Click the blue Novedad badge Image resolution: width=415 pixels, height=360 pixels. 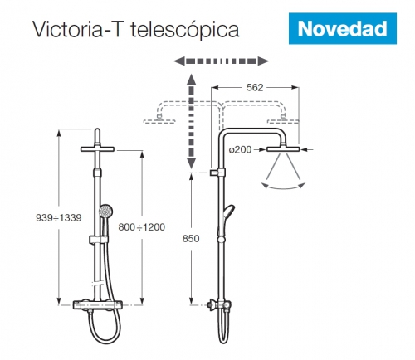(343, 28)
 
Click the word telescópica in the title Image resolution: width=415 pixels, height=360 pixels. (185, 30)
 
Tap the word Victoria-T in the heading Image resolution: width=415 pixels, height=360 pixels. (77, 29)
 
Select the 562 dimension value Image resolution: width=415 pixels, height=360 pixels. (255, 88)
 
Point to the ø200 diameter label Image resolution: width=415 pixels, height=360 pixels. (240, 149)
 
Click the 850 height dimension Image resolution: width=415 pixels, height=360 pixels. (191, 239)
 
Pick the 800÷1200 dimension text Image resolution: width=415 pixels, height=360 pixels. (142, 227)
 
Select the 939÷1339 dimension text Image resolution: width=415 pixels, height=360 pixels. (59, 217)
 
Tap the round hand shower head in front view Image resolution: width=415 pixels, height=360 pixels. (105, 212)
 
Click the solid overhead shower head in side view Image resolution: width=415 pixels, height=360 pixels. (283, 149)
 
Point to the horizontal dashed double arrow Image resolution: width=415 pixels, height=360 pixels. (221, 61)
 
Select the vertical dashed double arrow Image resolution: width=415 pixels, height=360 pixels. (191, 121)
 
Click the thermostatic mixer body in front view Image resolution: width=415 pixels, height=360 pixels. (97, 305)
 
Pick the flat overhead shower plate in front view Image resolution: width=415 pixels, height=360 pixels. (97, 149)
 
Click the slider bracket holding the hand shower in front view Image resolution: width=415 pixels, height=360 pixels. (98, 240)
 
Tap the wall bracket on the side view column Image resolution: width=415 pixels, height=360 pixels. (217, 173)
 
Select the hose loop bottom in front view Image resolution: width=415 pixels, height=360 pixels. (105, 343)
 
